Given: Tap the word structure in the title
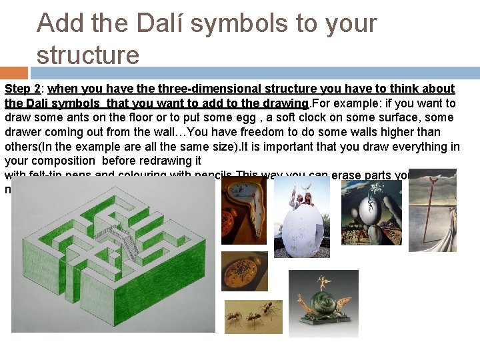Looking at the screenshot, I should tap(88, 54).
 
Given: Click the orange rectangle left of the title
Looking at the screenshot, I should tap(14, 73).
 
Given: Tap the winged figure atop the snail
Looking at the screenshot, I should tap(324, 281).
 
